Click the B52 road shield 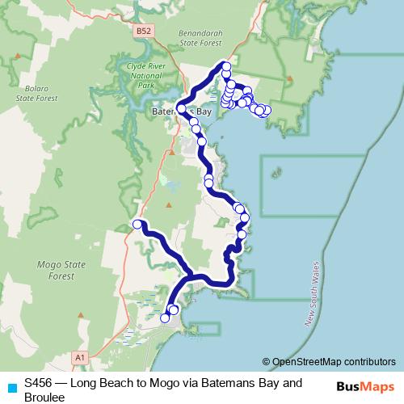143,31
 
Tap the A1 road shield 79,356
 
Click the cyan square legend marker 11,387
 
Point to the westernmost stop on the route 137,224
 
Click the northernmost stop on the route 226,66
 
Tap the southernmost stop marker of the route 166,318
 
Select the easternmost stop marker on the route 266,111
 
